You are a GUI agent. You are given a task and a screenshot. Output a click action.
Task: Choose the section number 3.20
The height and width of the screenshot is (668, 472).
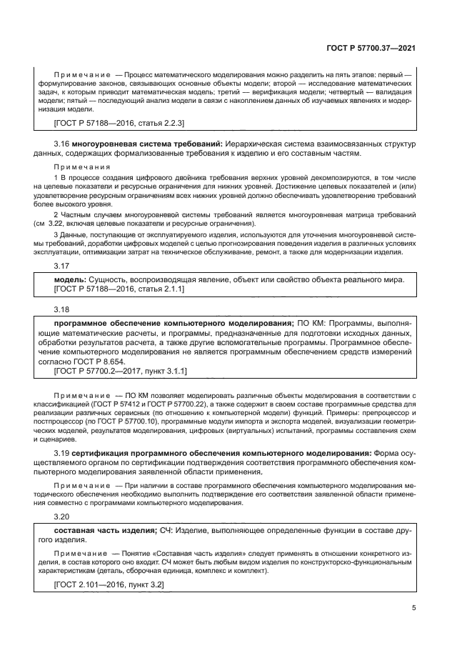[x=62, y=516]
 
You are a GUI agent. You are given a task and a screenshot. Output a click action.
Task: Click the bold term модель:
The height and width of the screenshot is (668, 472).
[x=71, y=279]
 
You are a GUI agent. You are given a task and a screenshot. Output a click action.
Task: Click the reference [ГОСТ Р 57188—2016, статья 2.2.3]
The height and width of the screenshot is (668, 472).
[x=119, y=124]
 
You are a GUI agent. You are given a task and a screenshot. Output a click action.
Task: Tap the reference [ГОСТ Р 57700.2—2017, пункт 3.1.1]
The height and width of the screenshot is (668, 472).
[x=121, y=371]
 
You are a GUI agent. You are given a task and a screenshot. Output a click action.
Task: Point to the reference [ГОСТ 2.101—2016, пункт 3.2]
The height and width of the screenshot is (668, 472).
[x=109, y=584]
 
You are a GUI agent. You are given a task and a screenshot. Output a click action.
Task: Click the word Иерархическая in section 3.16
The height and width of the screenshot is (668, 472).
[x=247, y=145]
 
